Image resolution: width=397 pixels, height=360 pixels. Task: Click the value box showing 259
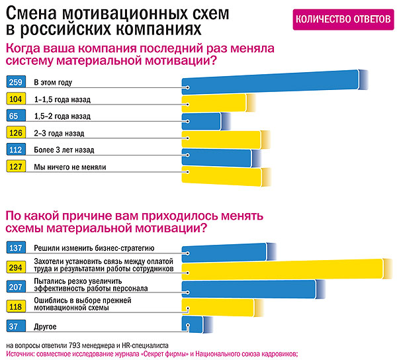tap(15, 83)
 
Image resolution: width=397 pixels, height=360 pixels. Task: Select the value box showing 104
tap(15, 99)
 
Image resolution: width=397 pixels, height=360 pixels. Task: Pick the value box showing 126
tap(15, 133)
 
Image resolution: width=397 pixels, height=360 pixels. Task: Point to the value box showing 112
tap(15, 150)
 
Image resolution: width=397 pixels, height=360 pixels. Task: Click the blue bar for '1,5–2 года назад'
tap(197, 120)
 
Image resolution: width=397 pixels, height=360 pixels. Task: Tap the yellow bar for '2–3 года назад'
tap(221, 138)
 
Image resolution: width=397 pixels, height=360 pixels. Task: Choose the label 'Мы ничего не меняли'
tap(70, 167)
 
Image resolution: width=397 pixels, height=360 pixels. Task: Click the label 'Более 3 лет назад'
tap(66, 150)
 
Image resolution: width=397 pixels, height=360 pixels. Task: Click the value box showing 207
tap(15, 286)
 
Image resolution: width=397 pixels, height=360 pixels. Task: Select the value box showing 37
tap(15, 326)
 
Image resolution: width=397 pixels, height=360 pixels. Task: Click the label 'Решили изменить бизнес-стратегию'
tap(94, 248)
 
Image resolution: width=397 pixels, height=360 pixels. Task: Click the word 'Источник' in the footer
tap(18, 354)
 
